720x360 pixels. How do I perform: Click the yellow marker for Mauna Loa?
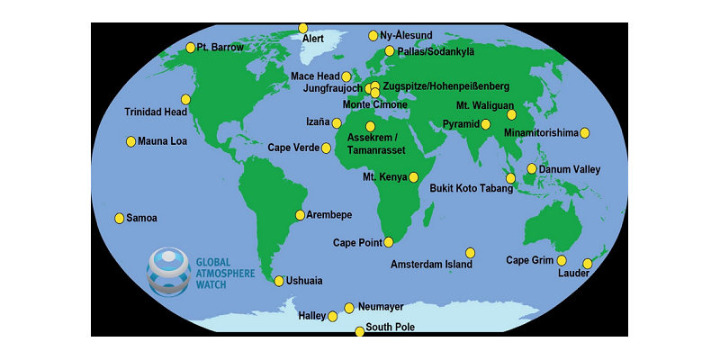point(130,141)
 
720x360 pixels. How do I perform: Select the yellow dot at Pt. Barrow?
point(190,48)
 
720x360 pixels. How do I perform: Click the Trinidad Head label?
point(156,112)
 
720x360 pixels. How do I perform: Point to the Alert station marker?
point(303,29)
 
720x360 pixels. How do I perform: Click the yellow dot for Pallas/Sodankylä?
point(390,51)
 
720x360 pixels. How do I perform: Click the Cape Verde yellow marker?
point(327,147)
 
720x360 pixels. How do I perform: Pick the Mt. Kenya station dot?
point(414,177)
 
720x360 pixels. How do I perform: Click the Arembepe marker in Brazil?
point(301,215)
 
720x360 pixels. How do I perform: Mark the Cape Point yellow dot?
point(389,242)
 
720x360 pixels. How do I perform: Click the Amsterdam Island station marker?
point(470,253)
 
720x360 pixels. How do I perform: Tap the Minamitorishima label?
point(540,133)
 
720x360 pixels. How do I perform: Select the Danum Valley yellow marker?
point(532,169)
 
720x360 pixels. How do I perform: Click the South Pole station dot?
point(359,331)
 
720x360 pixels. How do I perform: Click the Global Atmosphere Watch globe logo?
point(168,270)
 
